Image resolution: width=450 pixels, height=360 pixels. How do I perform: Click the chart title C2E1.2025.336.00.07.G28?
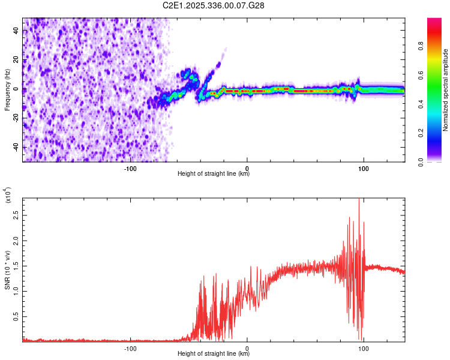tap(214, 5)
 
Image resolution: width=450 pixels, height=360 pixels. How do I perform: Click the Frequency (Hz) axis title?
tap(7, 89)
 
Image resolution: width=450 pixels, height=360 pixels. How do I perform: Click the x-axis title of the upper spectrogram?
tap(214, 173)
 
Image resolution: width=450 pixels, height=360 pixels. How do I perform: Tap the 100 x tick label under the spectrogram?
tap(363, 168)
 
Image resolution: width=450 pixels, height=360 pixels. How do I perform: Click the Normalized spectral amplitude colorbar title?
tap(445, 90)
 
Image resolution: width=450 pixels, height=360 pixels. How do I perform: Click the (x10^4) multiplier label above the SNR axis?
tap(8, 195)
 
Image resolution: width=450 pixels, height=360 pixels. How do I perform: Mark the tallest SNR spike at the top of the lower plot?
tap(359, 200)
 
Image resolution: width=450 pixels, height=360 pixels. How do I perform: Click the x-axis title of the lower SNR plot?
tap(214, 353)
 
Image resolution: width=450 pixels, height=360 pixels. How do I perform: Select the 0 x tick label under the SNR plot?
tap(247, 348)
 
